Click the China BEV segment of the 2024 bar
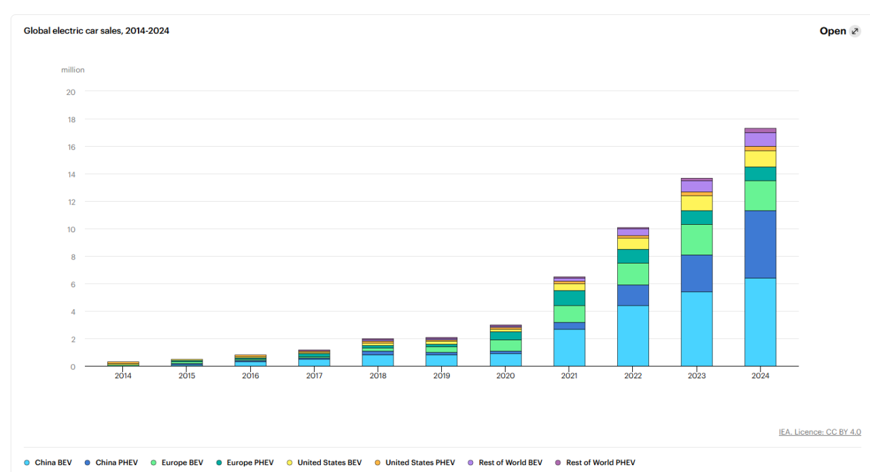pyautogui.click(x=760, y=322)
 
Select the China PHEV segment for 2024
pyautogui.click(x=760, y=244)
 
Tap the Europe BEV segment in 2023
pyautogui.click(x=697, y=239)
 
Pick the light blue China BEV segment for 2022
pyautogui.click(x=633, y=335)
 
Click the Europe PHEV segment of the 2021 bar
pyautogui.click(x=569, y=298)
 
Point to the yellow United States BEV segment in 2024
pyautogui.click(x=760, y=158)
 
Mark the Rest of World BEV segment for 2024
pyautogui.click(x=760, y=139)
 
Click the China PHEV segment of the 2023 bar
pyautogui.click(x=697, y=273)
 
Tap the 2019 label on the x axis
pyautogui.click(x=442, y=376)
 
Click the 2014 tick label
pyautogui.click(x=123, y=376)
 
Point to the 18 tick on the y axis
pyautogui.click(x=70, y=120)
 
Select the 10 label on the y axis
pyautogui.click(x=70, y=230)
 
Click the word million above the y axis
pyautogui.click(x=73, y=70)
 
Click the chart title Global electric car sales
pyautogui.click(x=97, y=31)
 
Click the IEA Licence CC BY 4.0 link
pyautogui.click(x=820, y=432)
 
